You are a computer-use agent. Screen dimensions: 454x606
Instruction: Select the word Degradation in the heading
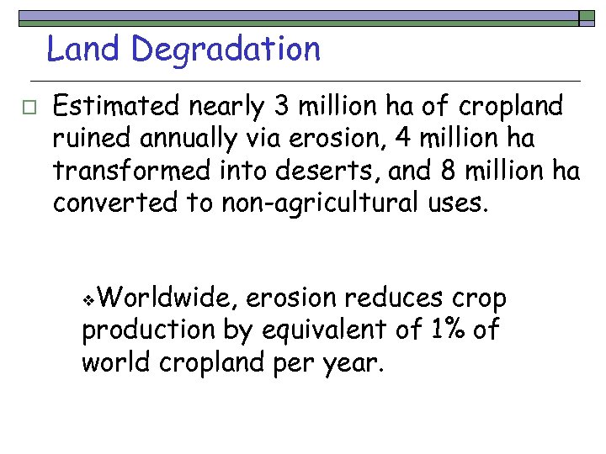226,50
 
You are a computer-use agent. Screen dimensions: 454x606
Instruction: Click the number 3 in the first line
279,107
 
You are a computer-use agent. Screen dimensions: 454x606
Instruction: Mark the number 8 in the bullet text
448,171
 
